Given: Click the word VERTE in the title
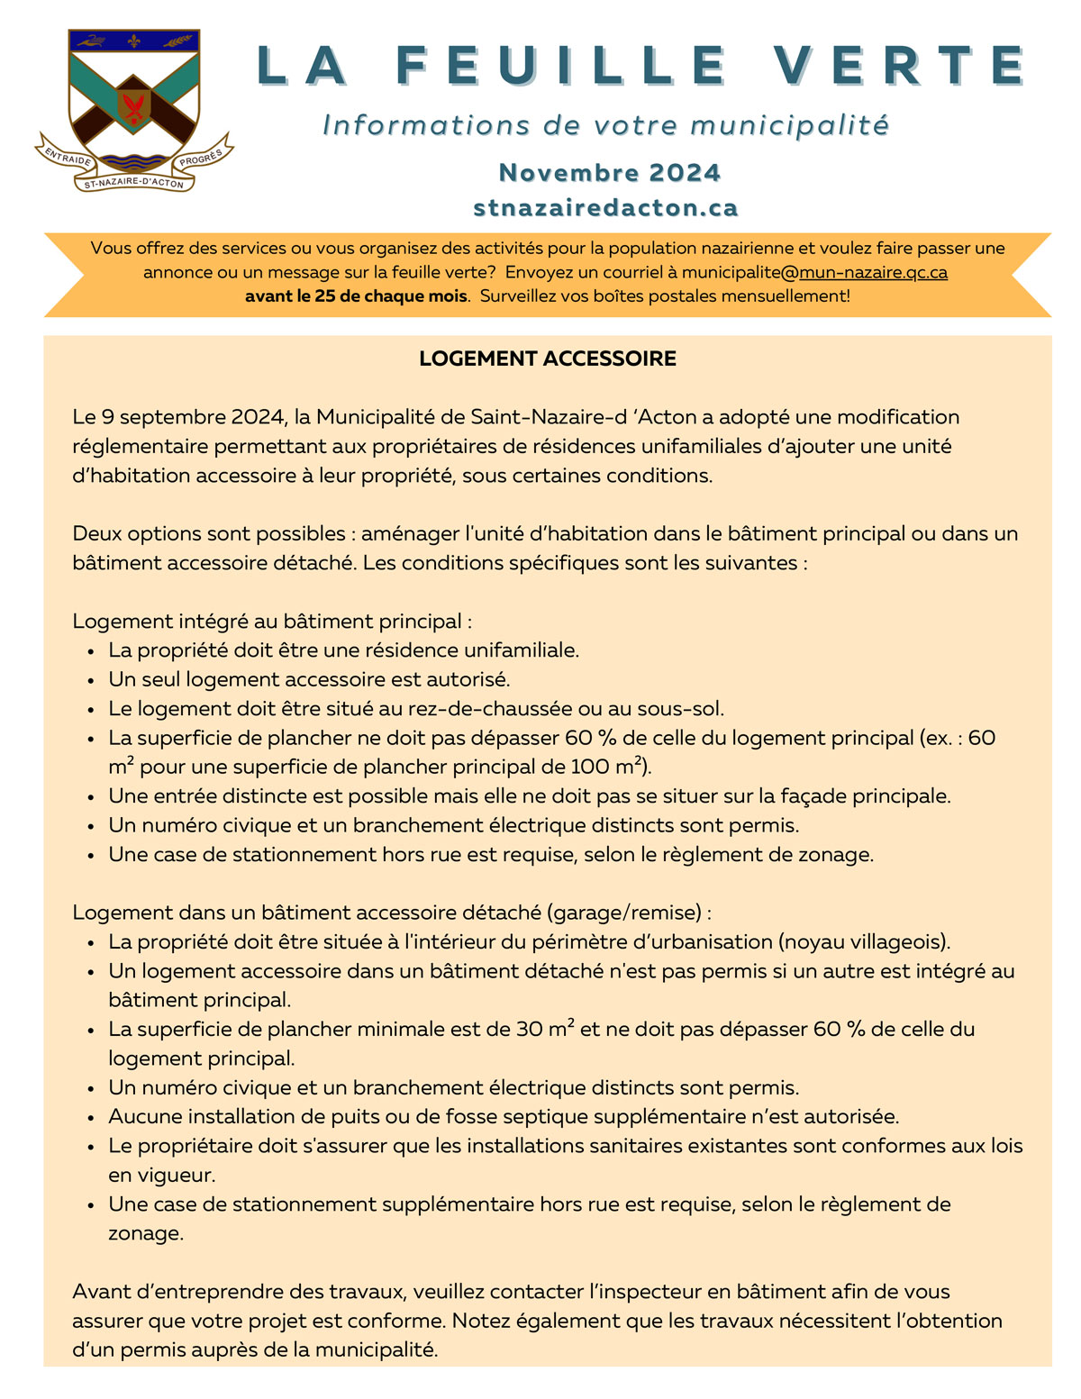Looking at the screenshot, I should tap(899, 66).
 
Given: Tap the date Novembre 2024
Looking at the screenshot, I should tap(610, 172).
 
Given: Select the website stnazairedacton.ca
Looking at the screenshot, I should tap(605, 208).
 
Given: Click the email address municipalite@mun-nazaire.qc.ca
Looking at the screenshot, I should tap(814, 272).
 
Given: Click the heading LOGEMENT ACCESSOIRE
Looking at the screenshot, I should tap(548, 359).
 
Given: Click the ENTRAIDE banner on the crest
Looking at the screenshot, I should tap(68, 159).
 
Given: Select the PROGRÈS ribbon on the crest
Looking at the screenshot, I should tap(200, 159).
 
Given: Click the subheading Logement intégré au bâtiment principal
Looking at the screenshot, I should tap(272, 622).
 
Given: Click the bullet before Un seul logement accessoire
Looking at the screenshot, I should tap(91, 681).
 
